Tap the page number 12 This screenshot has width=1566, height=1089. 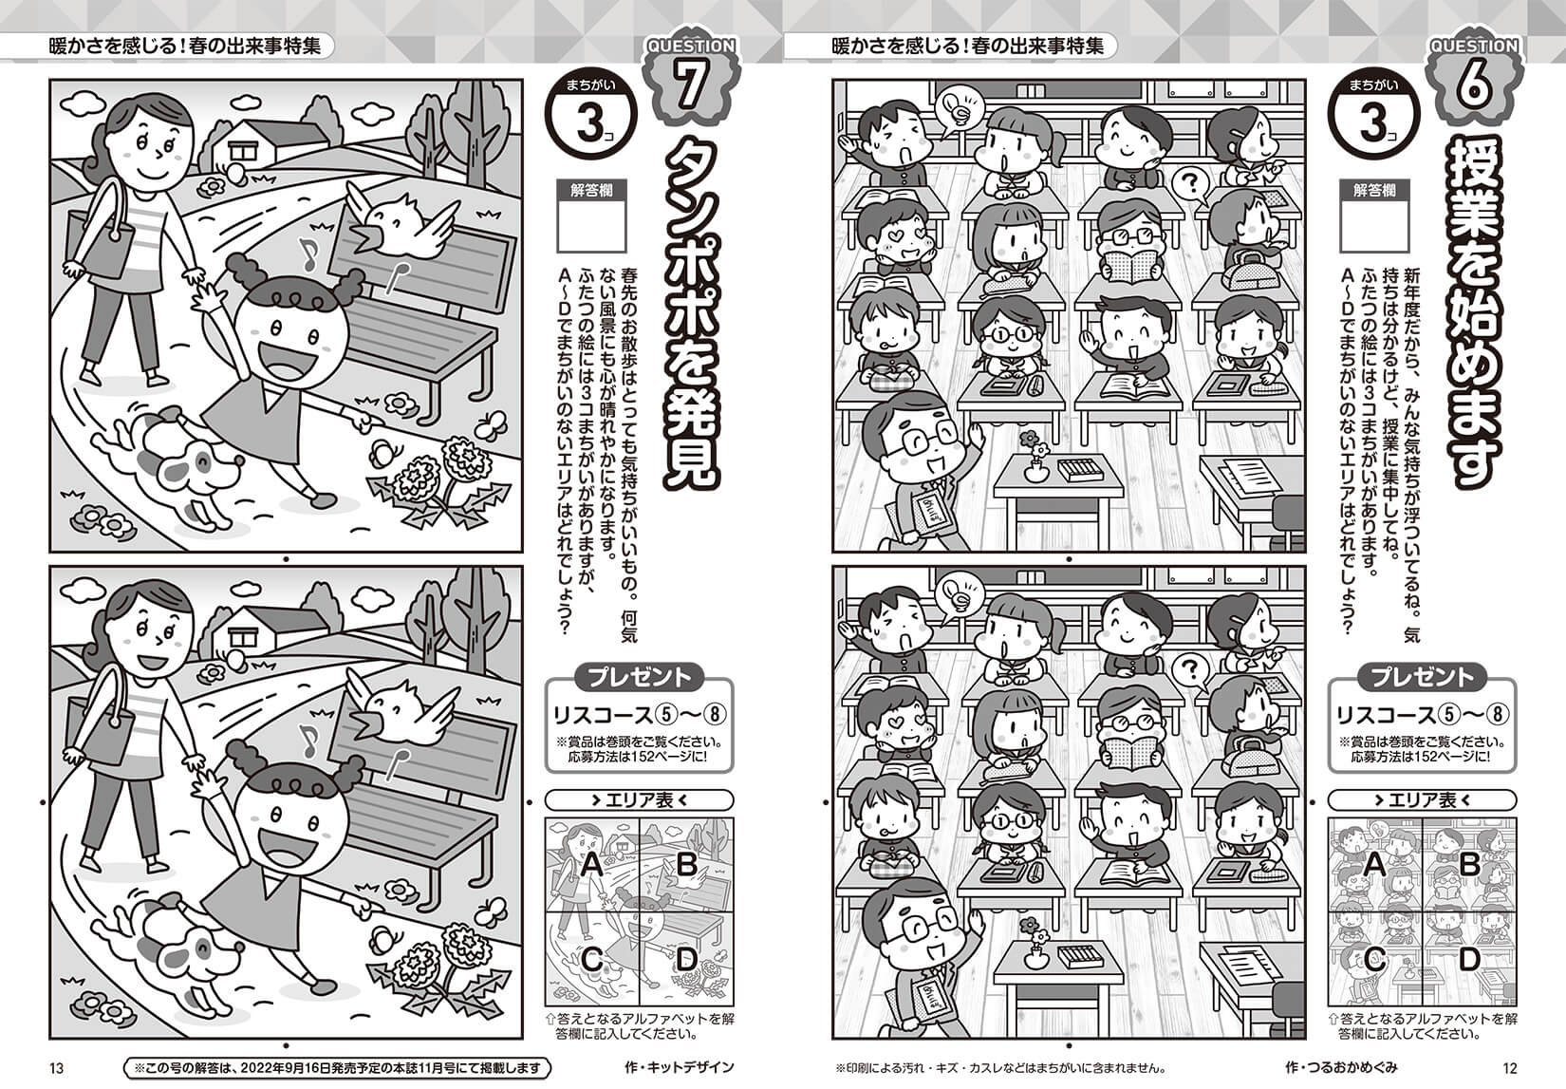pyautogui.click(x=1509, y=1068)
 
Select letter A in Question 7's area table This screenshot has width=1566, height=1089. pyautogui.click(x=592, y=865)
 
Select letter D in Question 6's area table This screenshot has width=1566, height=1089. pyautogui.click(x=1469, y=959)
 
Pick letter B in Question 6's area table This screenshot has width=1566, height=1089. pyautogui.click(x=1469, y=865)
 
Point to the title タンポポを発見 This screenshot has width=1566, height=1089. pyautogui.click(x=690, y=313)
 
